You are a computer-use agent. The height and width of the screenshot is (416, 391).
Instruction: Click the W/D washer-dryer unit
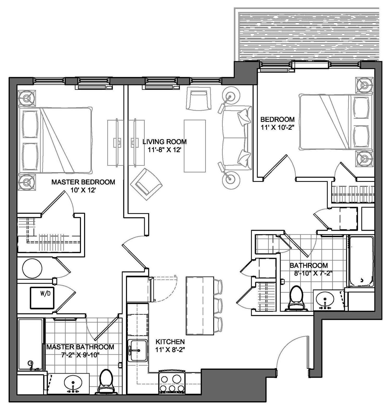click(x=42, y=298)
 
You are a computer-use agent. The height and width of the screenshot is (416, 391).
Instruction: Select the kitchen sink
click(x=138, y=350)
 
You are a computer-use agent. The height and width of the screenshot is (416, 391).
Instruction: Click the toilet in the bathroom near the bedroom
click(x=297, y=298)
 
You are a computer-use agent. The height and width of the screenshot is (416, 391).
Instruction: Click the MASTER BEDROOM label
click(x=83, y=182)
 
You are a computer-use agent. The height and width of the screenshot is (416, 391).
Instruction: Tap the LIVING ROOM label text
click(x=164, y=142)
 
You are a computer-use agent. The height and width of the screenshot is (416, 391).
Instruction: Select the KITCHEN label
click(x=170, y=342)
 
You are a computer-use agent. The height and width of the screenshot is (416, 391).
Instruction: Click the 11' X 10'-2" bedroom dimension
click(x=277, y=128)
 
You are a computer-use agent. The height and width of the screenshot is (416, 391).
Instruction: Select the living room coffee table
click(x=195, y=146)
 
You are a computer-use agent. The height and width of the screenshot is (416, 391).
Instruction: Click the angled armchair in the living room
click(x=146, y=184)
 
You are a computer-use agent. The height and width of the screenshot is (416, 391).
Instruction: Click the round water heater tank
click(x=32, y=268)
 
